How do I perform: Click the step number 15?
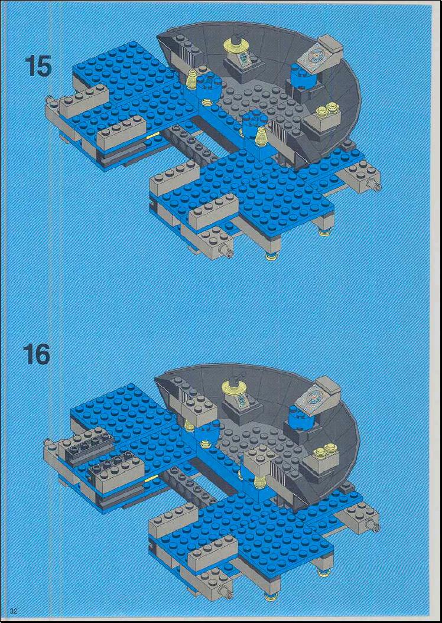click(x=38, y=66)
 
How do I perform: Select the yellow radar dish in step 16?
click(x=235, y=384)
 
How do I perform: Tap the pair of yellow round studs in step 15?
click(x=328, y=110)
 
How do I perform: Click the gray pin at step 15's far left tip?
click(x=49, y=99)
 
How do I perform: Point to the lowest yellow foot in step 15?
click(x=271, y=256)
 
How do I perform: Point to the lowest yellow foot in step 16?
click(x=271, y=596)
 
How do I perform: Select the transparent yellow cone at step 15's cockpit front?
click(x=261, y=136)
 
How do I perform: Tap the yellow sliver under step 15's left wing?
click(x=152, y=136)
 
